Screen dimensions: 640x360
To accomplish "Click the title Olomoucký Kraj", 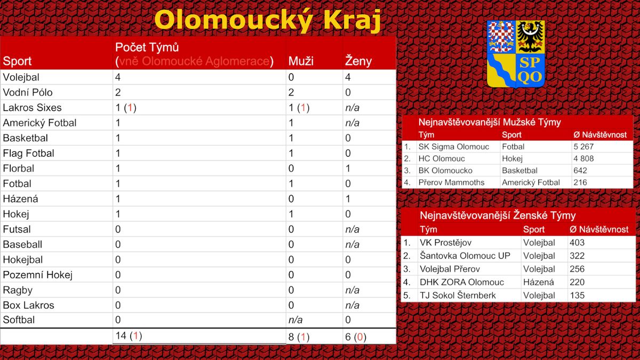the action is [x=267, y=20].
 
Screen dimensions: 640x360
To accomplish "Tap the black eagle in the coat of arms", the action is [x=530, y=37].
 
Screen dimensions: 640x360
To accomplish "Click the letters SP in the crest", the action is [x=530, y=62].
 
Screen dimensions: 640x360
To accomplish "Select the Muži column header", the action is [x=301, y=61].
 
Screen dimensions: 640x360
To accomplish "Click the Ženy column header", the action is [x=358, y=61].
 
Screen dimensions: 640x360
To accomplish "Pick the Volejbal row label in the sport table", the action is [x=21, y=77].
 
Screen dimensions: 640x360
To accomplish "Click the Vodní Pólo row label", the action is [x=28, y=92].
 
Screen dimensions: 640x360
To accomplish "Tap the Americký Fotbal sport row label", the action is [x=39, y=123].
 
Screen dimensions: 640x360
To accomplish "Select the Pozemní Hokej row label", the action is [x=37, y=275].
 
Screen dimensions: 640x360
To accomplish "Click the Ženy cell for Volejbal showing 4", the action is [x=348, y=77].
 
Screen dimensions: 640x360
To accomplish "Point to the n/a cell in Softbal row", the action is [x=295, y=319].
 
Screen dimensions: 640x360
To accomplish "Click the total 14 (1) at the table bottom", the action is [x=129, y=335].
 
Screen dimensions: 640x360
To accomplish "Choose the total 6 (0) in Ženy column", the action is [x=355, y=337].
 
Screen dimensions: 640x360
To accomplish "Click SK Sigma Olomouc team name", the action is [x=454, y=147].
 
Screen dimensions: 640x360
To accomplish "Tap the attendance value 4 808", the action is [x=583, y=158].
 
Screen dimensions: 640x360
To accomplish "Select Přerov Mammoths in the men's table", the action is [x=451, y=182].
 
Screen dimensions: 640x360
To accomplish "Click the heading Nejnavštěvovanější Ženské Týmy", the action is [x=498, y=215].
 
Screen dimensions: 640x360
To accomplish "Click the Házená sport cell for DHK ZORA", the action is [x=538, y=282].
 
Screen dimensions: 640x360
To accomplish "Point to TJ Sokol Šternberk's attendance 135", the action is [x=577, y=295].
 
